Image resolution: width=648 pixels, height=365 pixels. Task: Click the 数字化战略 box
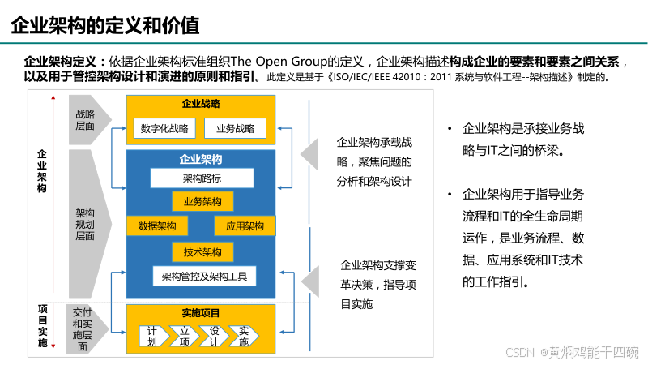click(164, 127)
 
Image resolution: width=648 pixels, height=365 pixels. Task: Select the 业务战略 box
click(235, 127)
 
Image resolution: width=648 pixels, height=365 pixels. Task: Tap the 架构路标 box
click(202, 178)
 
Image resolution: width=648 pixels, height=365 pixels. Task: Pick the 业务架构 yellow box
click(202, 201)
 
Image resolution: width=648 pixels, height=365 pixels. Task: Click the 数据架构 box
click(158, 226)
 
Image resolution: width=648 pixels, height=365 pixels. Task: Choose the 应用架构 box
click(245, 226)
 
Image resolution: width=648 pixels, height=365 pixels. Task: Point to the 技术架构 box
click(202, 252)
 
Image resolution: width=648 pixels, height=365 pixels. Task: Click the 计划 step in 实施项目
click(152, 336)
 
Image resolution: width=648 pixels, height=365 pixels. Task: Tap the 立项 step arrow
click(184, 336)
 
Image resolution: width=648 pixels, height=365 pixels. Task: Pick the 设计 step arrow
click(215, 336)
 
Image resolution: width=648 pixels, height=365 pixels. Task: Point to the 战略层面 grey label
click(85, 120)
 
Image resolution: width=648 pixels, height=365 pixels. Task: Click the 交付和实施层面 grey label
click(83, 328)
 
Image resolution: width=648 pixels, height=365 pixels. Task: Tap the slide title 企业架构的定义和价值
click(105, 25)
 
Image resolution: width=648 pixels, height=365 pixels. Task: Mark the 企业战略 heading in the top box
click(202, 104)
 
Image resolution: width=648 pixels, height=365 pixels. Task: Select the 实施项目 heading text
click(202, 313)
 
